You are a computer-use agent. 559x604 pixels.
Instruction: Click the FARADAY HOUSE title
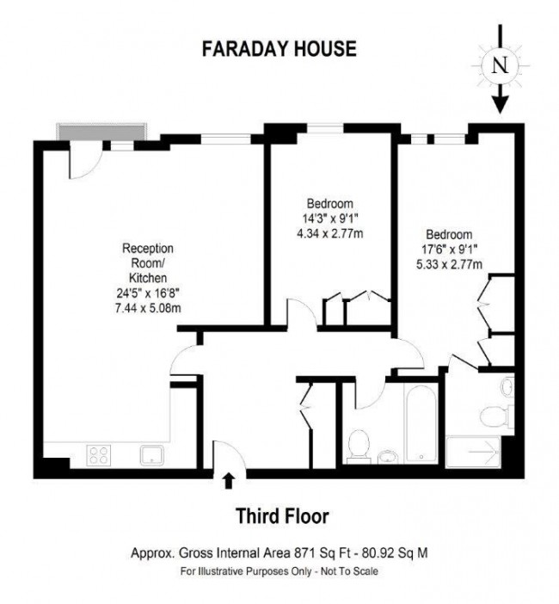278,48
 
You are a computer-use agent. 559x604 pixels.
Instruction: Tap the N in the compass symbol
500,65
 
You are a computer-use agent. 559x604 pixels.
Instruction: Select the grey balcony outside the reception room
101,130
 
